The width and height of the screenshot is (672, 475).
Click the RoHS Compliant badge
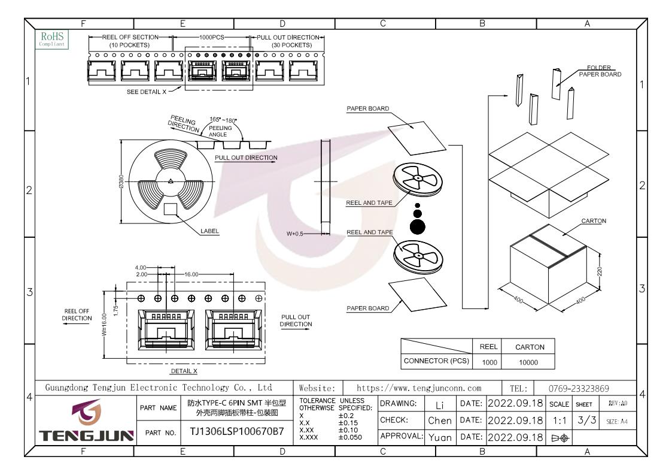[x=52, y=40]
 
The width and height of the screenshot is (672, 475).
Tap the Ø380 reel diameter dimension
[x=121, y=181]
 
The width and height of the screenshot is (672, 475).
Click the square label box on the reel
[x=171, y=209]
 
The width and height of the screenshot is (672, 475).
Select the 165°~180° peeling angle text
[x=223, y=120]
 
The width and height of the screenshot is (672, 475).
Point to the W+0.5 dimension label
[x=295, y=234]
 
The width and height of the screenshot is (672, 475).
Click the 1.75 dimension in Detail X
[x=115, y=310]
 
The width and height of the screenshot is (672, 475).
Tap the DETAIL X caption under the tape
[x=184, y=371]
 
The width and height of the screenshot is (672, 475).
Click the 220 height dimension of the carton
[x=600, y=271]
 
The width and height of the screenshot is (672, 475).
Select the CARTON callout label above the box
[x=594, y=221]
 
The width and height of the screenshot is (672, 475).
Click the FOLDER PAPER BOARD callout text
[x=600, y=71]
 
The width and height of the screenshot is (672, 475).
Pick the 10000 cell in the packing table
[x=528, y=362]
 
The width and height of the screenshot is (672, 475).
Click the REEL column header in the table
[x=488, y=347]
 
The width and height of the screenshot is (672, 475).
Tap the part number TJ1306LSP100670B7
[x=237, y=432]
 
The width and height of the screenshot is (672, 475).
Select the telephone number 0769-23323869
[x=579, y=389]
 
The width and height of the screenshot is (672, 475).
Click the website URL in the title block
[x=419, y=388]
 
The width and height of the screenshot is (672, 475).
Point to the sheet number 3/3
[x=586, y=420]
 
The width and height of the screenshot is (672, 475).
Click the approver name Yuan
[x=440, y=438]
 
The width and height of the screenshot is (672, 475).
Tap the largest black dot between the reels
[x=418, y=226]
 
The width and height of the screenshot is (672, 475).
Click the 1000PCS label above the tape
[x=211, y=37]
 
